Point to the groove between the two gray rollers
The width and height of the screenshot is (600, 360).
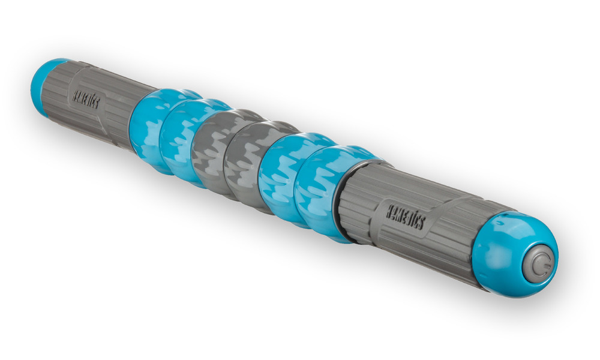click(x=227, y=157)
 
